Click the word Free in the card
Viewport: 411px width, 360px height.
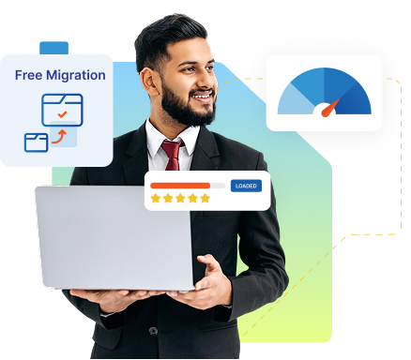29,75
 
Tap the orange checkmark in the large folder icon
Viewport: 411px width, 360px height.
62,113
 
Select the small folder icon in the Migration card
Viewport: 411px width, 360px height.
37,142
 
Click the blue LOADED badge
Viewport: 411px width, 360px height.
246,186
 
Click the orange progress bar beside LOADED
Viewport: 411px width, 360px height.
180,186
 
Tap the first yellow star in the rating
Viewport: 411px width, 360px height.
156,199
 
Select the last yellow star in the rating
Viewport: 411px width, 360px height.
205,199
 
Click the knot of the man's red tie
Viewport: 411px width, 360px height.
171,148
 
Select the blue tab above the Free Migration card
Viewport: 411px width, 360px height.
53,48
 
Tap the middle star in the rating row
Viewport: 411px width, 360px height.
181,199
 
